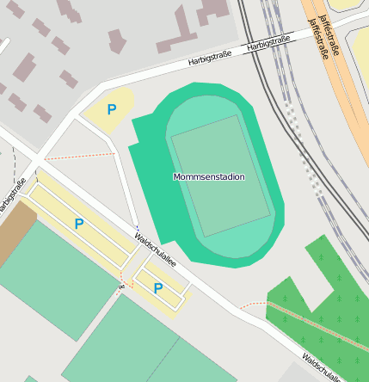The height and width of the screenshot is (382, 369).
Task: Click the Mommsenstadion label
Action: tap(209, 176)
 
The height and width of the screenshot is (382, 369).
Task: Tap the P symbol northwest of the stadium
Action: tap(111, 109)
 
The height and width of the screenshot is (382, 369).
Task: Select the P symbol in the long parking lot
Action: tap(79, 224)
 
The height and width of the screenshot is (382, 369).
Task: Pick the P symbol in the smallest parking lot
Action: tap(158, 287)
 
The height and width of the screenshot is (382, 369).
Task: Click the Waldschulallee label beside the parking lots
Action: tap(155, 250)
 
